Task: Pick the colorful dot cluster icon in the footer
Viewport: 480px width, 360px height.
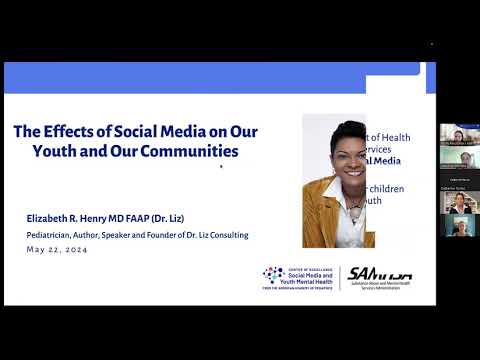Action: [x=272, y=274]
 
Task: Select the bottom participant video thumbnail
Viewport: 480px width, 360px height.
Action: [x=455, y=225]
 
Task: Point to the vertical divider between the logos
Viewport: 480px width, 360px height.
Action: [x=340, y=277]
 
